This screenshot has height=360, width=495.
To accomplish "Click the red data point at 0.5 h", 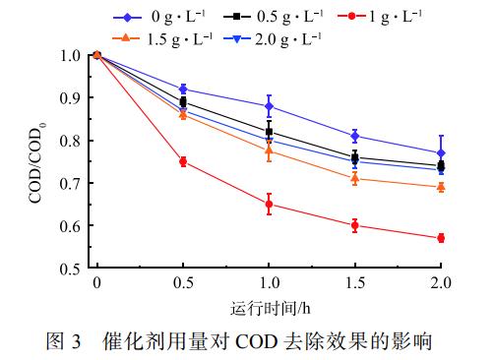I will (183, 162).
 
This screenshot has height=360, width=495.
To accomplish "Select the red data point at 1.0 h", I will (269, 205).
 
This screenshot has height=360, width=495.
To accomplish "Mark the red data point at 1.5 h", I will (354, 225).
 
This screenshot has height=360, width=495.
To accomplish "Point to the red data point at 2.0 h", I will (441, 238).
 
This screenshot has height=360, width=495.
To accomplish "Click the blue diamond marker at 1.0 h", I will (269, 106).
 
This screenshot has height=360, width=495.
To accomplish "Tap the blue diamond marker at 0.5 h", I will (183, 89).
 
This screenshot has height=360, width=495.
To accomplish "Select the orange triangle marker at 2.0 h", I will (441, 187).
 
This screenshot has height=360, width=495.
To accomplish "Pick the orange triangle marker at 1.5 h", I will (354, 178).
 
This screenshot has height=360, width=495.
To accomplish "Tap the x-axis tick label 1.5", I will (354, 283).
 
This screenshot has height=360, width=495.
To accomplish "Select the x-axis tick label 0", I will (96, 283).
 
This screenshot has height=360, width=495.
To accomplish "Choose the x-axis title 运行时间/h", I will (269, 307).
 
